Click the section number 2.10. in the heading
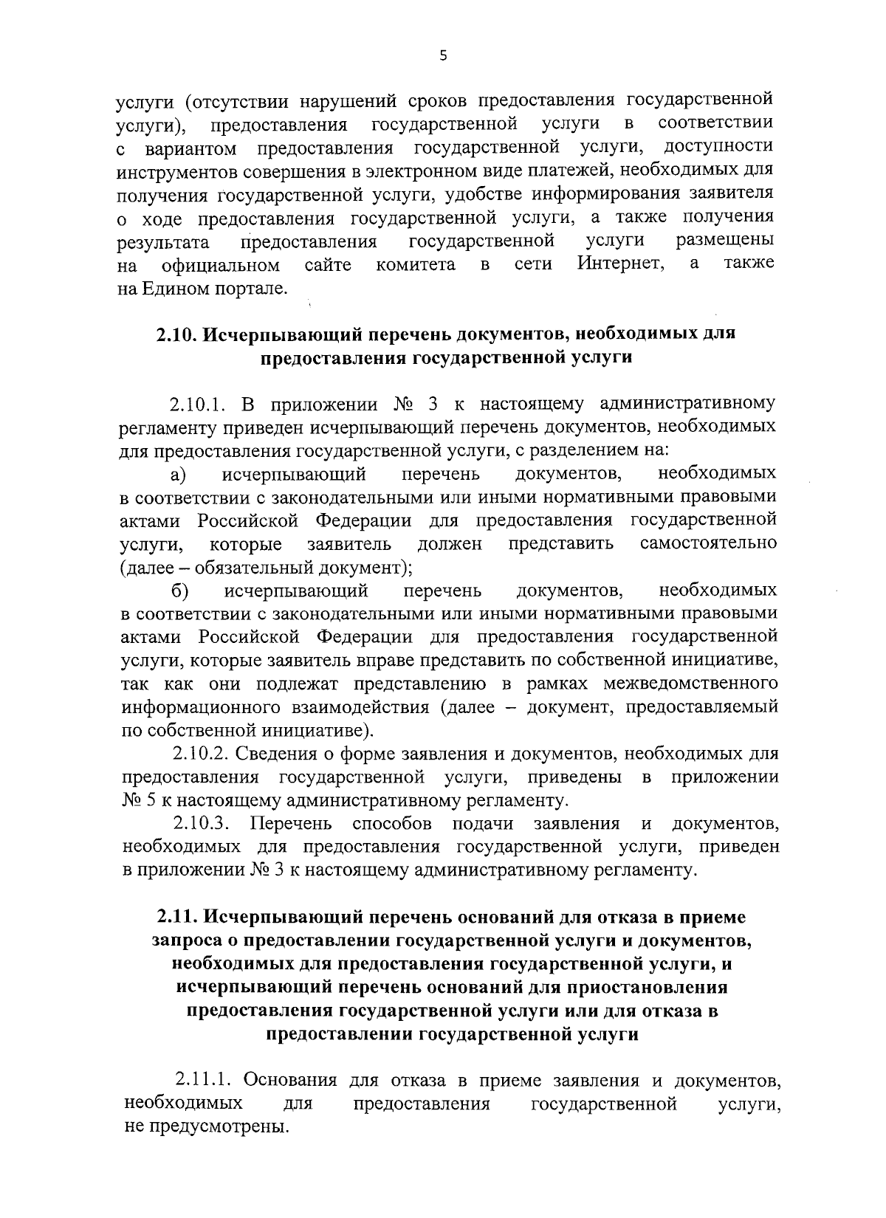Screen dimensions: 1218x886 (x=176, y=334)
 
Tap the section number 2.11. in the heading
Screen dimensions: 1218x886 (x=176, y=918)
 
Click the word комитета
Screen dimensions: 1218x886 (x=416, y=264)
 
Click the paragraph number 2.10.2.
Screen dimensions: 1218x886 (x=201, y=754)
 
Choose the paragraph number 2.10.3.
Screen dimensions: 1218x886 (x=201, y=823)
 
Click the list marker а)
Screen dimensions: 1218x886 (x=178, y=473)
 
